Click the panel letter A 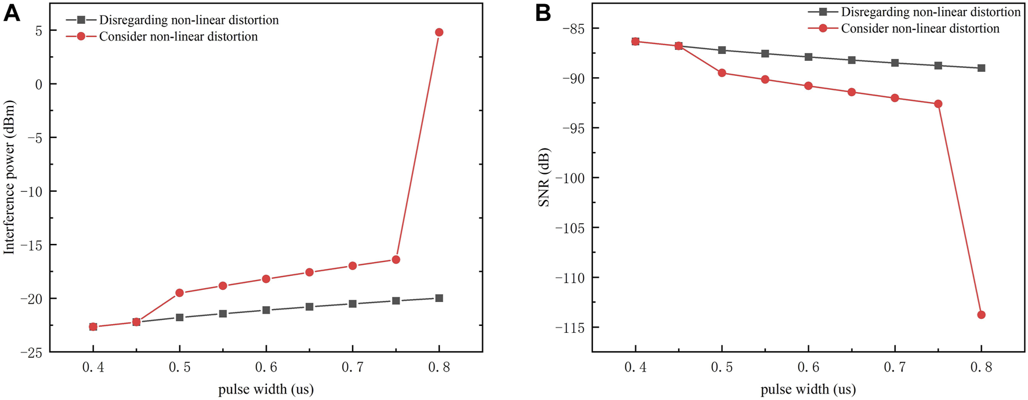(12, 13)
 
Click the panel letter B (543, 13)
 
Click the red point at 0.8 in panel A (439, 32)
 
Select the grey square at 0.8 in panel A (439, 298)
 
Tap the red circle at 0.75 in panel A (396, 259)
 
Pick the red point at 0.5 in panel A (179, 293)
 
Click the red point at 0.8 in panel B (982, 315)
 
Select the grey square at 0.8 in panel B (982, 68)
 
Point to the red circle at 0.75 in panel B (938, 104)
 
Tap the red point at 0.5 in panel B (722, 72)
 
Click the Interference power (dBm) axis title (9, 177)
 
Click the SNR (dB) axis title (544, 177)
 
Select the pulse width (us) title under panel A (266, 389)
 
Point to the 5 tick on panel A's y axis (38, 30)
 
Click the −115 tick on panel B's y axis (571, 328)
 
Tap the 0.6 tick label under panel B (808, 368)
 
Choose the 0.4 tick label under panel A (93, 368)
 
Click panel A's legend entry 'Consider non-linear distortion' (179, 37)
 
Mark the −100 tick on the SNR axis (571, 178)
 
